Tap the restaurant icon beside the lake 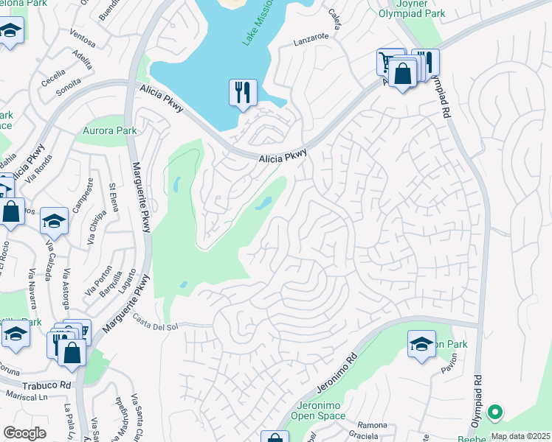[x=243, y=93]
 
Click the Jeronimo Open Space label [x=320, y=410]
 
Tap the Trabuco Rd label [x=45, y=385]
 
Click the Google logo [x=24, y=433]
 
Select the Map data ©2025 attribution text [x=520, y=436]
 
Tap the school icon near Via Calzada [x=55, y=220]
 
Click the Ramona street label [x=372, y=425]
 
